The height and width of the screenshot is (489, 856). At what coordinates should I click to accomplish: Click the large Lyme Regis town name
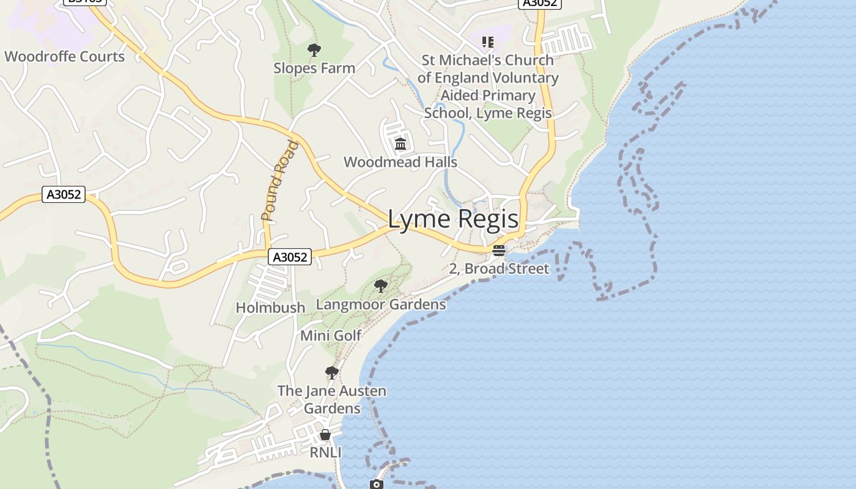pos(453,219)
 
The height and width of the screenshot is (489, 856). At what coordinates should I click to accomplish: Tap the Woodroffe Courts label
pos(64,57)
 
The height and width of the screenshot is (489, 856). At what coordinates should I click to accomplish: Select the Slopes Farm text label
pos(314,68)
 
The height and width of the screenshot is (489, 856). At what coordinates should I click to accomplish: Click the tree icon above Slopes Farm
pos(314,50)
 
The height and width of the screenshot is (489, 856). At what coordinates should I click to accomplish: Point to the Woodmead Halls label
pos(400,162)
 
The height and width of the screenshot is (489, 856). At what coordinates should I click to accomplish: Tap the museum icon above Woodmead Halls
pos(400,144)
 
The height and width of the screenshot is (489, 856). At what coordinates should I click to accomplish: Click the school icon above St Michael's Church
pos(487,42)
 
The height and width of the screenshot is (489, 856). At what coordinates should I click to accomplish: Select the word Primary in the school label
pos(505,95)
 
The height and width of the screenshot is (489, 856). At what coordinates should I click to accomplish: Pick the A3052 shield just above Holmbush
pos(290,257)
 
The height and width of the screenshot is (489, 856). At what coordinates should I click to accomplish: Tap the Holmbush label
pos(270,307)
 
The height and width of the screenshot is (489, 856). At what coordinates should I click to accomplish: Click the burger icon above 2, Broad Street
pos(499,251)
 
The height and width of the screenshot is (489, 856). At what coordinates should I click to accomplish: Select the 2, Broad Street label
pos(499,269)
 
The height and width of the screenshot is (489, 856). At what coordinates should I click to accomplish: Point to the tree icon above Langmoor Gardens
pos(381,286)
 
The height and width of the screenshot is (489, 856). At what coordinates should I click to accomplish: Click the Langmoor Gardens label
pos(381,304)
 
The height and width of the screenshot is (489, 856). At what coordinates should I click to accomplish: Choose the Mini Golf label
pos(331,336)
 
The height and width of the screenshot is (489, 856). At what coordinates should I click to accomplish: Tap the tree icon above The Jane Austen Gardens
pos(332,373)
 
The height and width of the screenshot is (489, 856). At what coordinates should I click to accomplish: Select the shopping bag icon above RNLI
pos(325,435)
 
